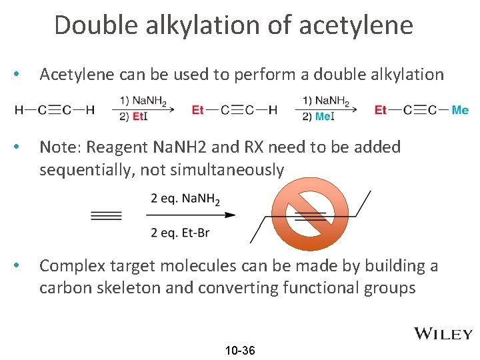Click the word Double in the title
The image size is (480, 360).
[87, 25]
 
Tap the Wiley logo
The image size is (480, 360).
[443, 334]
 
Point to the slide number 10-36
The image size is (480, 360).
[240, 351]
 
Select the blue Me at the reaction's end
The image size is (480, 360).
[460, 110]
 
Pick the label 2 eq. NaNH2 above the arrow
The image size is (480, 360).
[185, 199]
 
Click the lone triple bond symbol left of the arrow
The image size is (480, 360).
[106, 215]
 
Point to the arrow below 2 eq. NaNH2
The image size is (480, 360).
[191, 215]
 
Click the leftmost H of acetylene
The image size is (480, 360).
[18, 110]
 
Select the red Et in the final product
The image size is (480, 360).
[381, 110]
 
